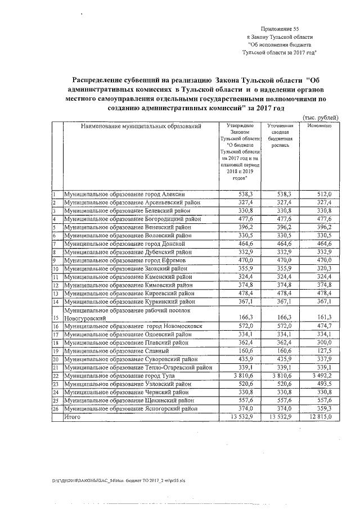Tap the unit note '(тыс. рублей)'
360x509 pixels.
(321, 117)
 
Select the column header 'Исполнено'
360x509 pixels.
(319, 126)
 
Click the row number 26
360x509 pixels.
(56, 409)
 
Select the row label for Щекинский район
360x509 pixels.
(130, 401)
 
